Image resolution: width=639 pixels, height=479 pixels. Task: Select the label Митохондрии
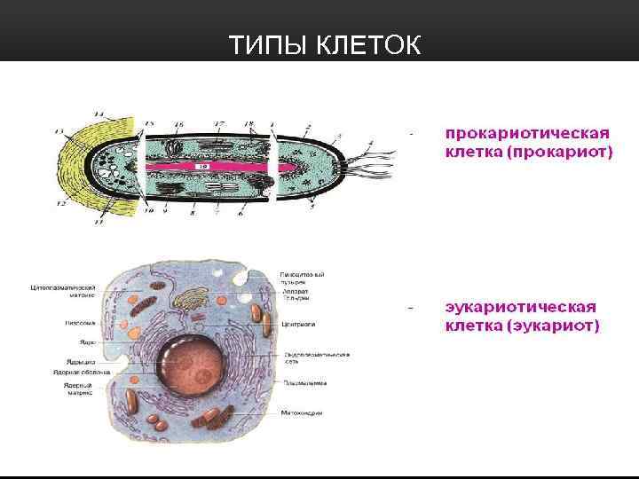click(303, 413)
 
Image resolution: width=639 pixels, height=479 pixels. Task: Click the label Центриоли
click(299, 325)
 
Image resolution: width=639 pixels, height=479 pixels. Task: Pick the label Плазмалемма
click(304, 383)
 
